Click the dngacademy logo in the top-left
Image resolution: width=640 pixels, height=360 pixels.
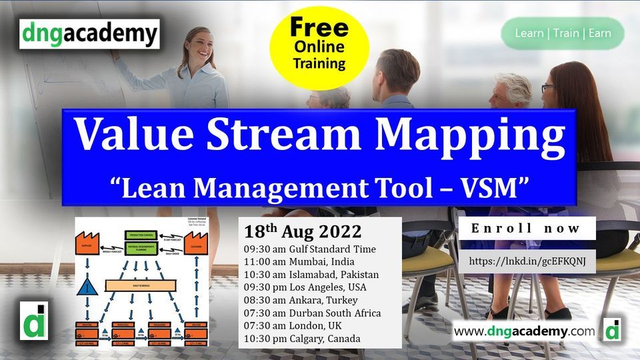click(x=89, y=34)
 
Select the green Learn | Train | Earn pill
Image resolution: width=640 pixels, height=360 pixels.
click(x=563, y=33)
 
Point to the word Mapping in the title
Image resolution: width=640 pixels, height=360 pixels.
click(x=470, y=135)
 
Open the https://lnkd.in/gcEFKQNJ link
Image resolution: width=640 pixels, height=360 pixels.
click(x=527, y=261)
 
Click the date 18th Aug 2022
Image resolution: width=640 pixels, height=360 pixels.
click(x=303, y=231)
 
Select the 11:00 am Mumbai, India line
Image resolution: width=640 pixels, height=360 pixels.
click(x=299, y=262)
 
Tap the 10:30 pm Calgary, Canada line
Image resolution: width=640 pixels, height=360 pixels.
click(x=302, y=339)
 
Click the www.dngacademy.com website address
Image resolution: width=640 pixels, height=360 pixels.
click(x=523, y=331)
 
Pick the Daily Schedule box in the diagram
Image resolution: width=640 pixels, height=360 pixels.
click(x=141, y=285)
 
